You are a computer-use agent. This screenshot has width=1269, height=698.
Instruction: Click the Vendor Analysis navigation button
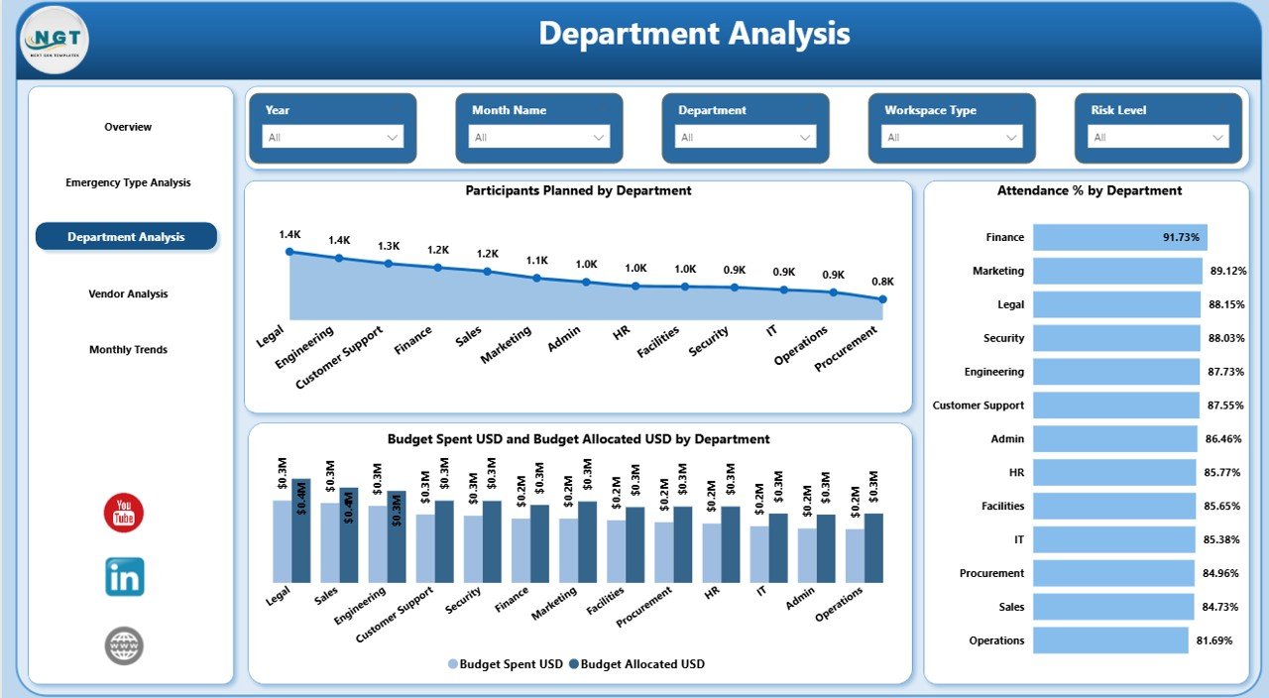pyautogui.click(x=128, y=293)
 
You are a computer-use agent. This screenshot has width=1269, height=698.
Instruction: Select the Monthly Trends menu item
pyautogui.click(x=128, y=349)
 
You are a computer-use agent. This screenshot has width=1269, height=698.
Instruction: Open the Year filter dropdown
pyautogui.click(x=332, y=137)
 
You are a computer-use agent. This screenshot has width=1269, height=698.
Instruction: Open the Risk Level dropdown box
pyautogui.click(x=1158, y=137)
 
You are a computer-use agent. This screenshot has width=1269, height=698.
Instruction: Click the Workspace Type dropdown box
pyautogui.click(x=952, y=137)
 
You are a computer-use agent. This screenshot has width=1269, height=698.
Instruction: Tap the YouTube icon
pyautogui.click(x=124, y=513)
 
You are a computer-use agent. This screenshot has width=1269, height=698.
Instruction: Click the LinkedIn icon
pyautogui.click(x=125, y=576)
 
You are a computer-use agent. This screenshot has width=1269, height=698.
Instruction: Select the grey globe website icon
pyautogui.click(x=124, y=645)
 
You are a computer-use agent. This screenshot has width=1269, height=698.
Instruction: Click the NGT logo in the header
pyautogui.click(x=55, y=40)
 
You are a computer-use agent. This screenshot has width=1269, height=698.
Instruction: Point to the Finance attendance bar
pyautogui.click(x=1119, y=237)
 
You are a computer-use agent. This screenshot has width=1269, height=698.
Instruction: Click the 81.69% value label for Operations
pyautogui.click(x=1214, y=640)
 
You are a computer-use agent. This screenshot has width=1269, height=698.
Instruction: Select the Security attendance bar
pyautogui.click(x=1114, y=338)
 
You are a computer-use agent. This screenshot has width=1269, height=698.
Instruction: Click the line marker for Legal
pyautogui.click(x=289, y=252)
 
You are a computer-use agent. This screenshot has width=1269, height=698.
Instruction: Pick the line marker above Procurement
pyautogui.click(x=882, y=298)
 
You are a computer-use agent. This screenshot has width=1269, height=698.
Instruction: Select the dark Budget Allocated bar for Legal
pyautogui.click(x=301, y=530)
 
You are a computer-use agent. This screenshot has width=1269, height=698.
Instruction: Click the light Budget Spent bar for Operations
pyautogui.click(x=855, y=555)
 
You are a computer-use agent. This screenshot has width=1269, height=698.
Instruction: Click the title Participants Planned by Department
pyautogui.click(x=578, y=190)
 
